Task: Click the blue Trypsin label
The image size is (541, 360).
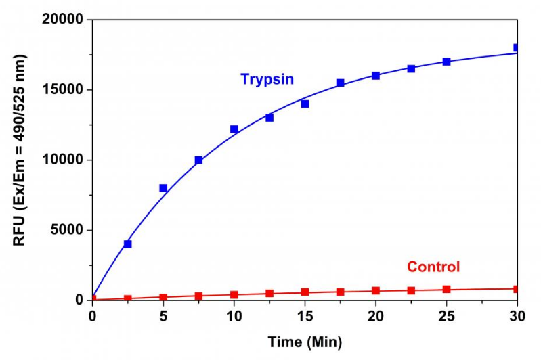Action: click(267, 79)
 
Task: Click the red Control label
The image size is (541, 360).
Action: click(433, 267)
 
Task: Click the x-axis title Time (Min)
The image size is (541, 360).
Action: click(305, 341)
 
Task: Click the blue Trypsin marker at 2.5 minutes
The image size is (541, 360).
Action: click(128, 244)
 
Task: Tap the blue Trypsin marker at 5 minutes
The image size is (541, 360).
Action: click(163, 188)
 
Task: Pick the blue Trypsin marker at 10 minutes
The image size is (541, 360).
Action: click(234, 129)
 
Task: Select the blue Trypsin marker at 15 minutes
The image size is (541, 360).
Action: click(305, 104)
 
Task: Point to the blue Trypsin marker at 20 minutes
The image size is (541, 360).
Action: click(376, 76)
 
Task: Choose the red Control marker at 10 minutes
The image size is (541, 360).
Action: click(234, 294)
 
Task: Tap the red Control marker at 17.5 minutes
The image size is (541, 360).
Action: click(341, 292)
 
